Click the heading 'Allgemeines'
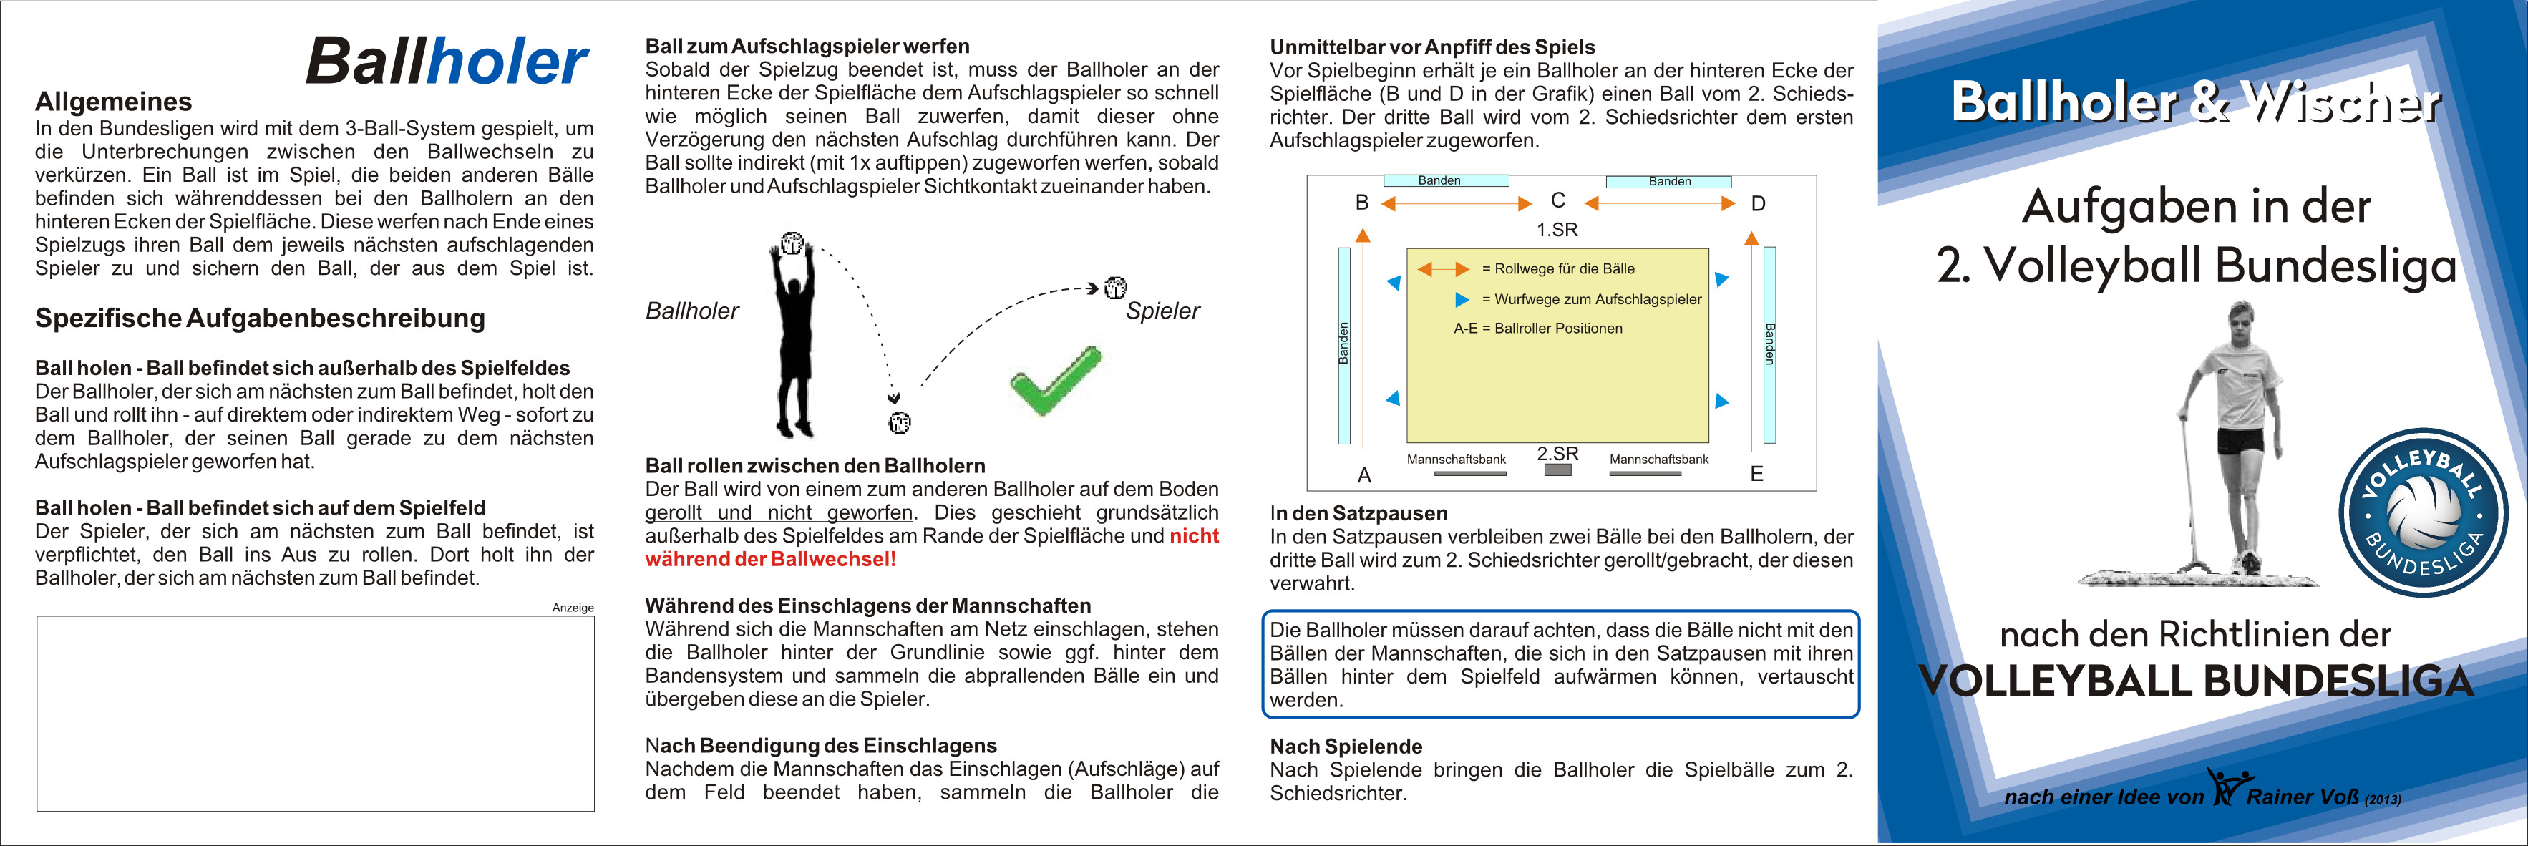click(x=113, y=102)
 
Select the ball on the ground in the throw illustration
click(x=899, y=423)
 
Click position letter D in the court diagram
click(x=1758, y=204)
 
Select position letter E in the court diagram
click(x=1756, y=474)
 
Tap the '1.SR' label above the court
click(x=1557, y=230)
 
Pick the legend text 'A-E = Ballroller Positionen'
click(x=1538, y=329)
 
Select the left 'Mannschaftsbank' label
click(x=1457, y=460)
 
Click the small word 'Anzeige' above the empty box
click(x=573, y=608)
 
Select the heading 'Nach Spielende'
click(x=1346, y=746)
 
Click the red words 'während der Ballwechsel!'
click(x=770, y=560)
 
